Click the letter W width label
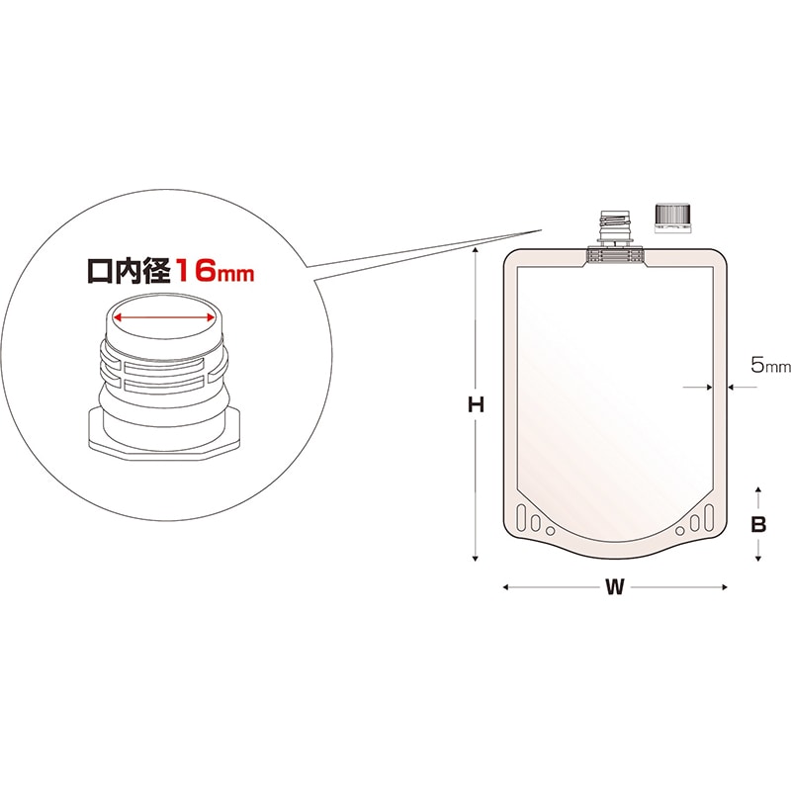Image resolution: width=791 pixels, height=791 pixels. click(615, 587)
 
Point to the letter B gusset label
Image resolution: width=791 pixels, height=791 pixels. click(757, 525)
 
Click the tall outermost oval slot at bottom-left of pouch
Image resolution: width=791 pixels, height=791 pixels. click(524, 521)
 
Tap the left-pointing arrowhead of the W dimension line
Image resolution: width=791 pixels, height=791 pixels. click(507, 587)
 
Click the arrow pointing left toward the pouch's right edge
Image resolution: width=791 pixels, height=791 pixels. click(733, 387)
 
